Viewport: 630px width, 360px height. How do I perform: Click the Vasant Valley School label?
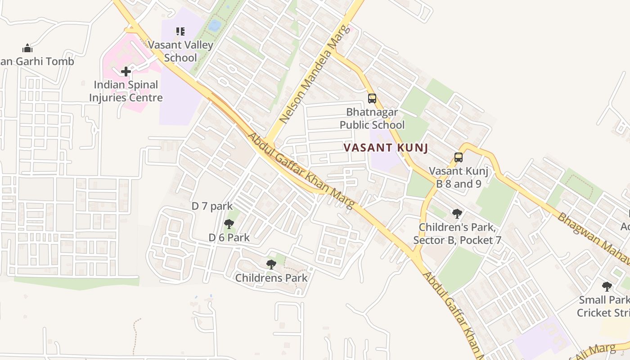[x=180, y=51]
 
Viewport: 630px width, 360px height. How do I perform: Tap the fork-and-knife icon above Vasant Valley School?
[x=180, y=31]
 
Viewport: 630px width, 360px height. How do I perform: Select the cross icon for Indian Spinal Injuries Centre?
[x=126, y=71]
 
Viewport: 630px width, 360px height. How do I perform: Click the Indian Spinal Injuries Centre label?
[x=126, y=91]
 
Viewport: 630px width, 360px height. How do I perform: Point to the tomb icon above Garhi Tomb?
[x=27, y=48]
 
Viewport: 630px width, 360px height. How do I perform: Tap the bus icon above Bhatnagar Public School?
[x=372, y=98]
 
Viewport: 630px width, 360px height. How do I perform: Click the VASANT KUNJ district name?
[x=386, y=148]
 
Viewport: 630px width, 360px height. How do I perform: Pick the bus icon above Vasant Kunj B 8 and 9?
[x=459, y=157]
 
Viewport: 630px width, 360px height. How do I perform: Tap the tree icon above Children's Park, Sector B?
[x=457, y=213]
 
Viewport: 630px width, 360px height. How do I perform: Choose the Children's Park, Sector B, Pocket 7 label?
[x=457, y=234]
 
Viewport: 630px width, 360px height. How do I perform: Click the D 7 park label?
[x=212, y=206]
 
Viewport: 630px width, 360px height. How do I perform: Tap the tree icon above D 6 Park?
[x=229, y=224]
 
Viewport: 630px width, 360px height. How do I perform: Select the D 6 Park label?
[x=229, y=238]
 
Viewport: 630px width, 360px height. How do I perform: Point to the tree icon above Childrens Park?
[x=271, y=264]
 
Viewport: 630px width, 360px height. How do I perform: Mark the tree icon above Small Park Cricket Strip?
[x=607, y=286]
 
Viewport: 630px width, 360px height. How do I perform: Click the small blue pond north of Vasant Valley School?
[x=215, y=25]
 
